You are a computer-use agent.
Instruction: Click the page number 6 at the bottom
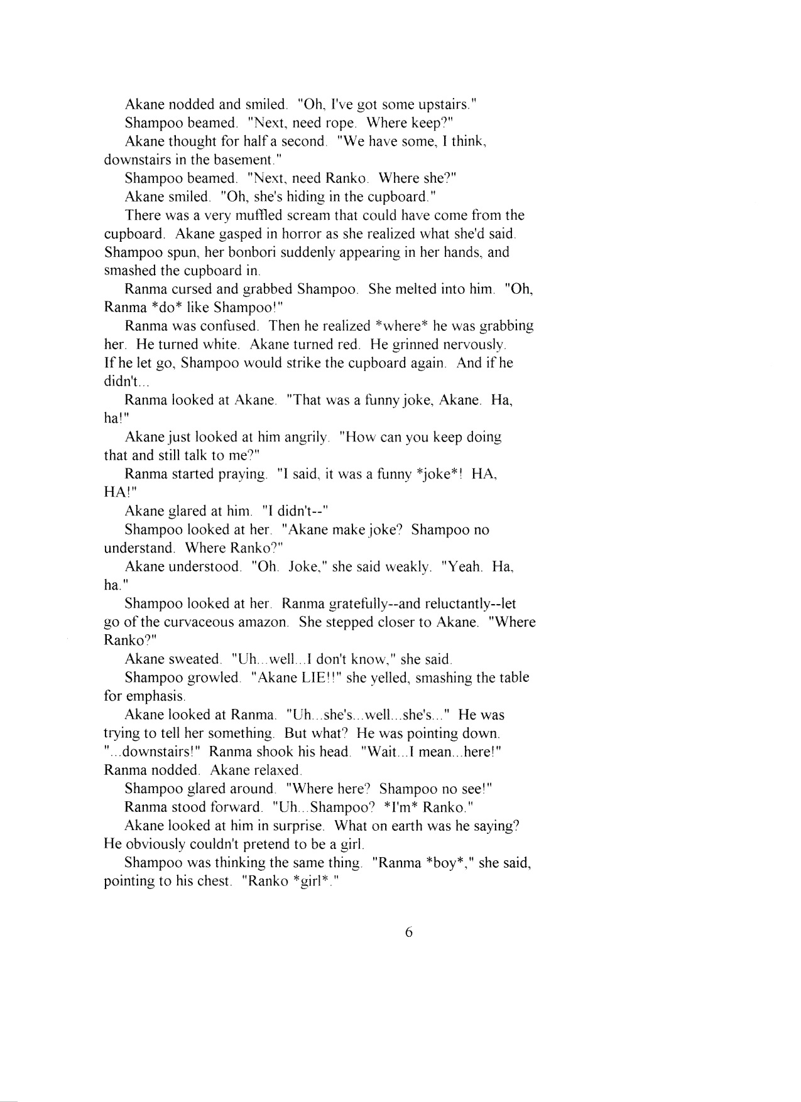pyautogui.click(x=408, y=933)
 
